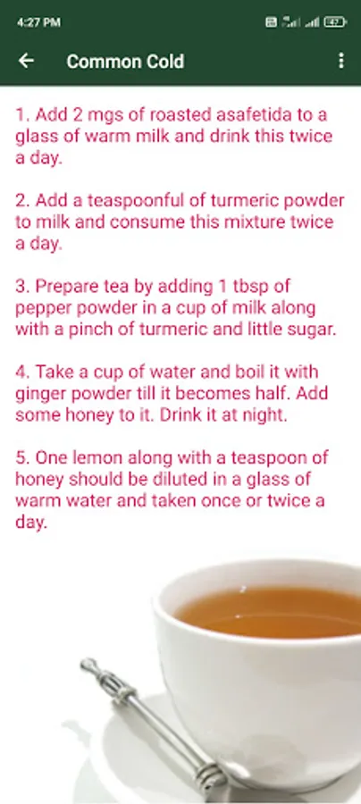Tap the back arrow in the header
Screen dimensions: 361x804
[x=26, y=61]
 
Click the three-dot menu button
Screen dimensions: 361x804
[x=341, y=61]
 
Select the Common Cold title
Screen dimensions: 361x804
[x=125, y=62]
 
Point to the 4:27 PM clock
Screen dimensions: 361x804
[x=38, y=22]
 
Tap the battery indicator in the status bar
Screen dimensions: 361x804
[x=335, y=22]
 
